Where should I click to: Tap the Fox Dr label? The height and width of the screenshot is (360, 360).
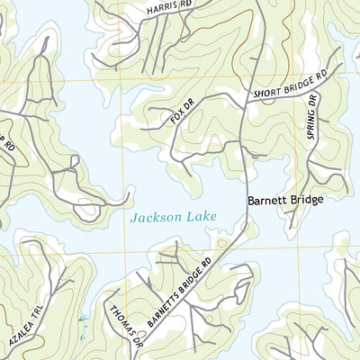183,114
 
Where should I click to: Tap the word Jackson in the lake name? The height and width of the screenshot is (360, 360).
150,218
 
